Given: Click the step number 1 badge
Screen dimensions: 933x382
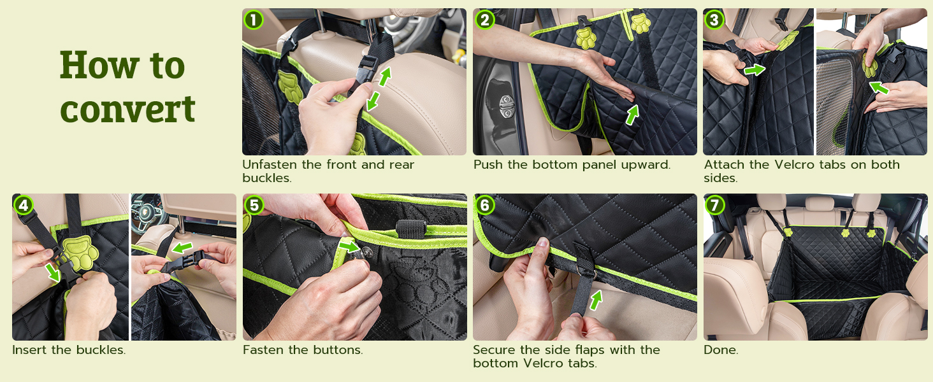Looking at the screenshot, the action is tap(253, 20).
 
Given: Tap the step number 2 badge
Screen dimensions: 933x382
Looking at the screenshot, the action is tap(484, 20).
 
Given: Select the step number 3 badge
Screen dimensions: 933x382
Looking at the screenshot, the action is tap(714, 20).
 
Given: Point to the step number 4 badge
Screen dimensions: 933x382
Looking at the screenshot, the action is tap(24, 205).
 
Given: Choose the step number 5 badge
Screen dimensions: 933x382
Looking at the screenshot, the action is tap(254, 205).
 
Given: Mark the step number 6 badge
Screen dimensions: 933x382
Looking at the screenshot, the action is tap(484, 205).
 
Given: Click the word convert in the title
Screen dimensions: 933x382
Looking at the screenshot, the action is tap(127, 109).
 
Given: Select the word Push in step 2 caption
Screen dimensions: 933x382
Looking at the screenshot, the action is tap(488, 164).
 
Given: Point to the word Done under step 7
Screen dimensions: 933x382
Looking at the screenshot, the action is tap(721, 350).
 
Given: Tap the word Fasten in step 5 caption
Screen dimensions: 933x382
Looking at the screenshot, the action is tap(263, 350).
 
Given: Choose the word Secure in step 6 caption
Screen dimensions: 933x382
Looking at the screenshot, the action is tap(494, 350).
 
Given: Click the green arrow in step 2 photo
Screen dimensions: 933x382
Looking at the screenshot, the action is tap(632, 115).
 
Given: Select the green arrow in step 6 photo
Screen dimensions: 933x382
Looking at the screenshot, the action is tap(596, 300).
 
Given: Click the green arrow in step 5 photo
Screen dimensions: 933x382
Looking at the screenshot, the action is tap(349, 246).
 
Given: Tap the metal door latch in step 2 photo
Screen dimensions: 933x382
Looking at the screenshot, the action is tap(506, 106).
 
